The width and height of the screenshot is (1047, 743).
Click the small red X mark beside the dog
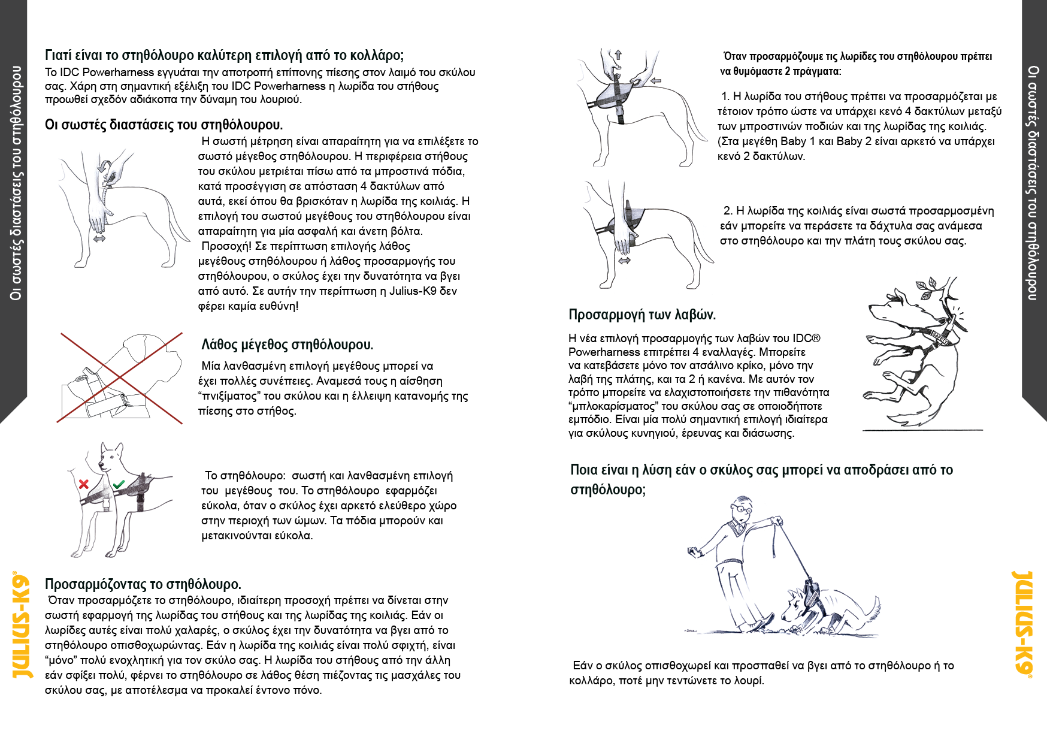coord(84,484)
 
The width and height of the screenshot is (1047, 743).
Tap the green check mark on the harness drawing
coord(119,484)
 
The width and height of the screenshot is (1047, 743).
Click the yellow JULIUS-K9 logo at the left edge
coord(22,625)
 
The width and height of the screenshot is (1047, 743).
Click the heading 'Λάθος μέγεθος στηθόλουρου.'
coord(287,345)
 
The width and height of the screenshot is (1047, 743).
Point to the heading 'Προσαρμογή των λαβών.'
coord(641,315)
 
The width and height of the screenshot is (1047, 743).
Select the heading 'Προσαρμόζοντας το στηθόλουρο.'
coord(143,584)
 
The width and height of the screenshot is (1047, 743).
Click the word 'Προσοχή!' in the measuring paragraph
coord(227,246)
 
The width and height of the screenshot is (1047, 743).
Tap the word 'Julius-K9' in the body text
coord(414,291)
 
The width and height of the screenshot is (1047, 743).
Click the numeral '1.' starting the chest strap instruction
coord(725,96)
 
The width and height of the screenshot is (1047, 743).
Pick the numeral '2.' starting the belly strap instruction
coord(728,211)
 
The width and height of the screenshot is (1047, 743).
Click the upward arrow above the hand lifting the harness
coord(618,55)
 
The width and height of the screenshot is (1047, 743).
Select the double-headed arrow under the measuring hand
coord(99,238)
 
